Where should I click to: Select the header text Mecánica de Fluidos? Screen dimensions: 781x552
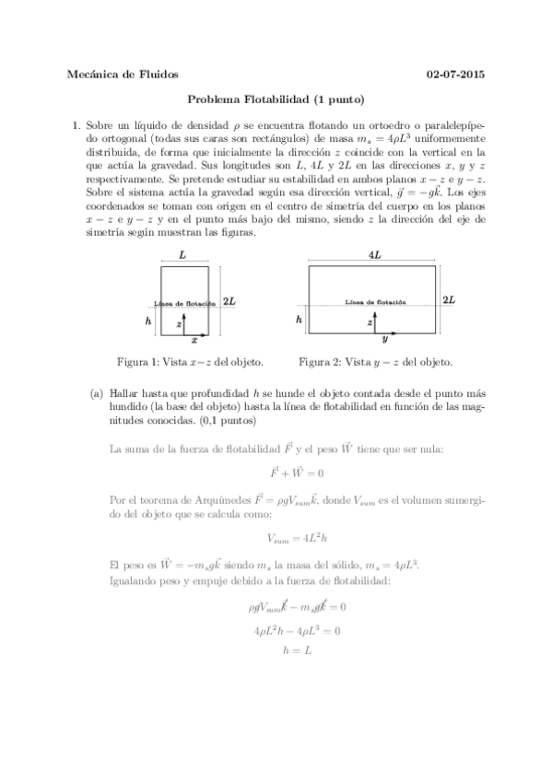123,74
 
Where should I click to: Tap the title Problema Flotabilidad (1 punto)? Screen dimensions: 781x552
276,99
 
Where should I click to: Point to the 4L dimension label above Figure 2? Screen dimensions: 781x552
373,253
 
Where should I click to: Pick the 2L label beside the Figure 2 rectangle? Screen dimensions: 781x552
449,300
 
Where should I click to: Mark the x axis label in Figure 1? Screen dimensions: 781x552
194,340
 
